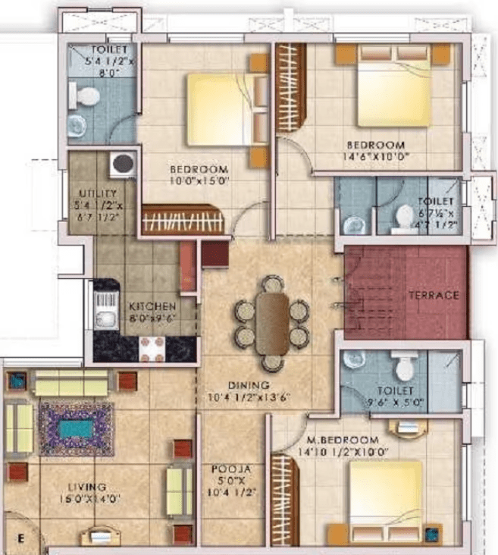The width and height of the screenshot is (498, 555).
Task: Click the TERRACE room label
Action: point(434,296)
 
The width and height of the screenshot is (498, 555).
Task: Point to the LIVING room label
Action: point(85,486)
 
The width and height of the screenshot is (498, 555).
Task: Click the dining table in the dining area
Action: point(271,322)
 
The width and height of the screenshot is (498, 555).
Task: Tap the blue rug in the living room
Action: point(76,428)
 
